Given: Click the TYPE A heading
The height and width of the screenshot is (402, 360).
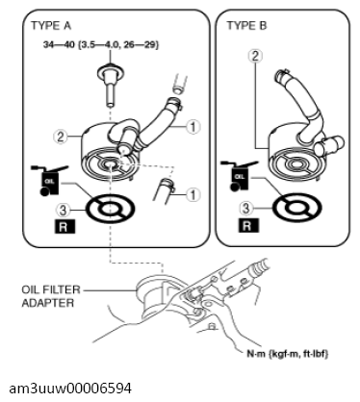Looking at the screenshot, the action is point(51,26).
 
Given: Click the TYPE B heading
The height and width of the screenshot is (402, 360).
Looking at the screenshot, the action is point(246,26).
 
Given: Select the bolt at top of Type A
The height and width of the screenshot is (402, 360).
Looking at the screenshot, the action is point(110,85).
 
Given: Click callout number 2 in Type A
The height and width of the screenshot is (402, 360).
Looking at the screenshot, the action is point(60,137).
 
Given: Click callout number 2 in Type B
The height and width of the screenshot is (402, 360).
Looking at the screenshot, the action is point(255,56).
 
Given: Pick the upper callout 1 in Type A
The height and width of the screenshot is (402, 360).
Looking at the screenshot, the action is point(193,127).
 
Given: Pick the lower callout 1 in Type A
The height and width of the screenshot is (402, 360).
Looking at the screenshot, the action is point(193,194).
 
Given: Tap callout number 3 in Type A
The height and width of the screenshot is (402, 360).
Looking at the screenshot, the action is point(64,210).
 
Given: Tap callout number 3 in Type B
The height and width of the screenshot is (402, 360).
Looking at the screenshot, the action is point(245,209).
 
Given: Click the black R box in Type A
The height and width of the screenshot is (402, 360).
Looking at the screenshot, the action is point(64,227).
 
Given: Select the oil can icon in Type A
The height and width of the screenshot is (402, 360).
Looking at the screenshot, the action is point(49,180).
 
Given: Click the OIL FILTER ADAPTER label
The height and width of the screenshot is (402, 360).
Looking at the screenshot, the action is point(51,296).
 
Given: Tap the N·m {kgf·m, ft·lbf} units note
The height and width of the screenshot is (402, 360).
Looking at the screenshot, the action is point(288,354).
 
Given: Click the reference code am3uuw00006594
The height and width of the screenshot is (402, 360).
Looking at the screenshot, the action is point(70,389).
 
